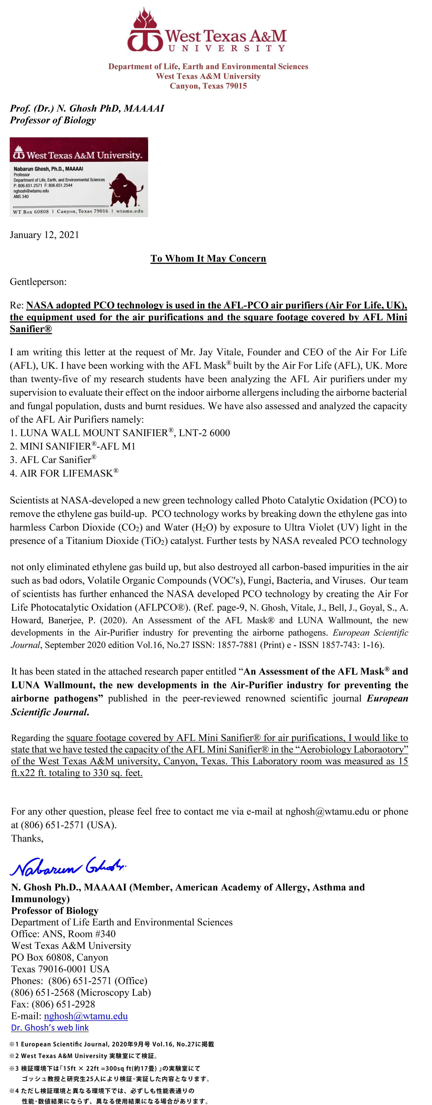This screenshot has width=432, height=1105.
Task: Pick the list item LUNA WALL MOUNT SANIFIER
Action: coord(120,433)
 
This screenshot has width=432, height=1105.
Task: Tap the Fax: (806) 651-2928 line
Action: coord(53,1004)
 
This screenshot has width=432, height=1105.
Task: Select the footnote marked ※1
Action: coord(111,1044)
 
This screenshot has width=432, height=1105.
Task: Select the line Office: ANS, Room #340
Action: coord(63,934)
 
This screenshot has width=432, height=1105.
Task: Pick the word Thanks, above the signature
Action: coord(27,838)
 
